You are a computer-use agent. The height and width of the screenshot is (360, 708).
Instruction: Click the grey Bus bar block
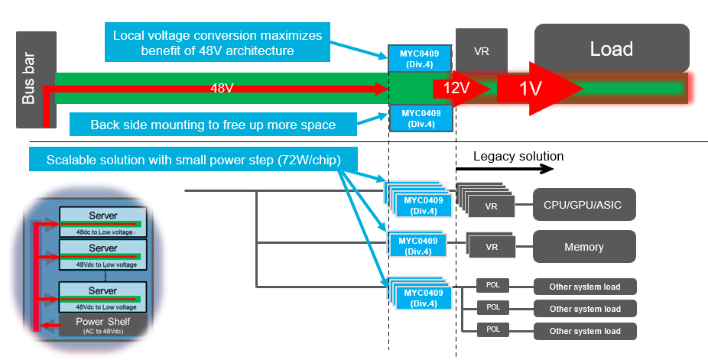[36, 79]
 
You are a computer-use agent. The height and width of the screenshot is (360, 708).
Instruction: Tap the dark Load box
[612, 49]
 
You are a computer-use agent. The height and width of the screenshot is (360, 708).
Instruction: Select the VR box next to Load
[482, 51]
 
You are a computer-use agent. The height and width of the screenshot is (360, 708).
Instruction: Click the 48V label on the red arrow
[222, 89]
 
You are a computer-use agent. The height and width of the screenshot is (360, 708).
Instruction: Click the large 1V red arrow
[535, 89]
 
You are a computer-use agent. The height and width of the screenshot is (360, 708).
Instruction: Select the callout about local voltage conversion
[218, 44]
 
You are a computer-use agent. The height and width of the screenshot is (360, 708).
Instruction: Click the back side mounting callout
[213, 125]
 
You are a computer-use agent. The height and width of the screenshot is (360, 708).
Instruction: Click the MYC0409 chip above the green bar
[421, 58]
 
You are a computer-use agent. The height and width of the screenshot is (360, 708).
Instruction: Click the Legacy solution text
[518, 157]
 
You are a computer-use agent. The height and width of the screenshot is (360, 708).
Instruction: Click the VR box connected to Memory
[492, 248]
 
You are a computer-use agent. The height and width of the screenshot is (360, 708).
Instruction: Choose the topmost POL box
[493, 286]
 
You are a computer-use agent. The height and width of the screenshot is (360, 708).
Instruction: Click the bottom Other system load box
[585, 331]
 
